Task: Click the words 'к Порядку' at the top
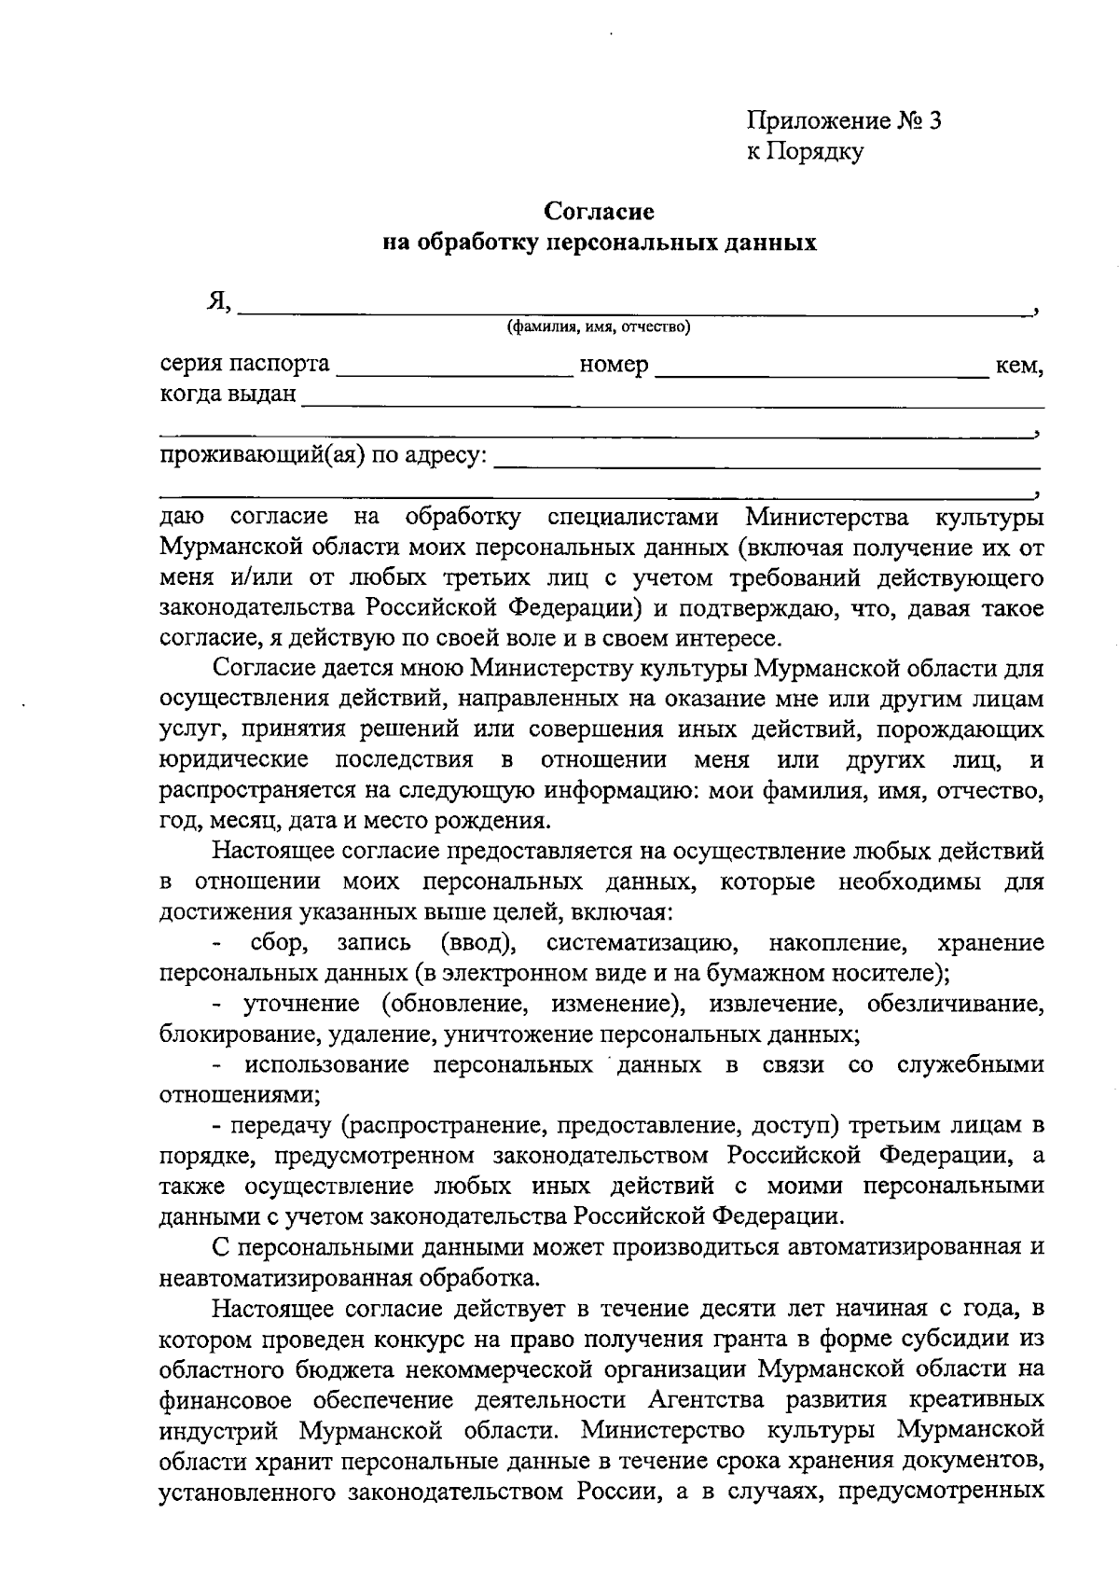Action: pos(804,151)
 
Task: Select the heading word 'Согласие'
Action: pos(600,213)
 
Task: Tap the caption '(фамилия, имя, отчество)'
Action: pos(598,327)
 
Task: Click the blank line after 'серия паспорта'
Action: pos(454,375)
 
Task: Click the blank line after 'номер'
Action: pos(821,375)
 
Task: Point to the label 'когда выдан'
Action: pos(228,394)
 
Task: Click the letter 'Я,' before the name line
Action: pos(220,300)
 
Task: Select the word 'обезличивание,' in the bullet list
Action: pos(955,1004)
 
